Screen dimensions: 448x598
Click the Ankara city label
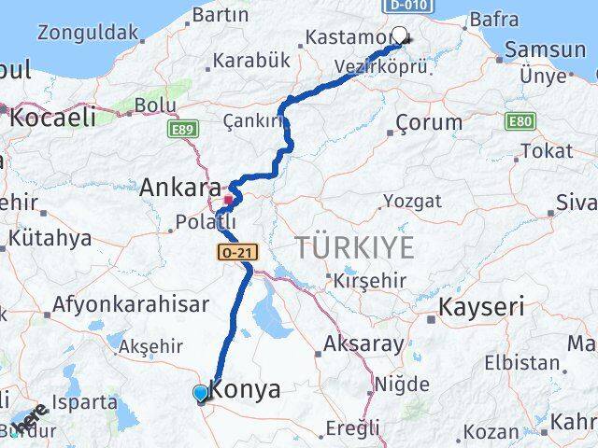pyautogui.click(x=180, y=188)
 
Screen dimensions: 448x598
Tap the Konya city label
pyautogui.click(x=246, y=390)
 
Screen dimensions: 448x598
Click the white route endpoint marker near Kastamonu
pyautogui.click(x=400, y=35)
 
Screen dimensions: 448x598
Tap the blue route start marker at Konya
pyautogui.click(x=201, y=394)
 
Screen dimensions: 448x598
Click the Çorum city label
pyautogui.click(x=429, y=122)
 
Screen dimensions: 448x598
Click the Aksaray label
pyautogui.click(x=363, y=343)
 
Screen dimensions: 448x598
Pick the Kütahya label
pyautogui.click(x=50, y=238)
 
